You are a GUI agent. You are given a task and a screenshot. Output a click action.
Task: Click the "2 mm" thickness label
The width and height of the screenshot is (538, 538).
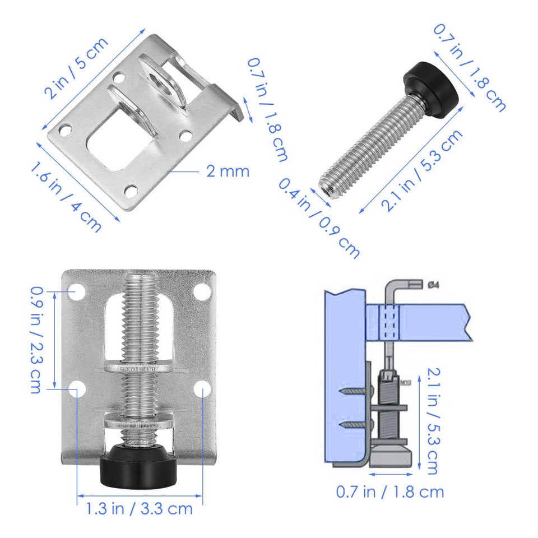(228, 171)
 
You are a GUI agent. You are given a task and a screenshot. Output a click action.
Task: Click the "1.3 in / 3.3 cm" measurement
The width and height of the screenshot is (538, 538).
(139, 509)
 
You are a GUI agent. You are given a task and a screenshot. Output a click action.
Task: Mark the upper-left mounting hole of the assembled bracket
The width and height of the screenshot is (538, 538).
(77, 291)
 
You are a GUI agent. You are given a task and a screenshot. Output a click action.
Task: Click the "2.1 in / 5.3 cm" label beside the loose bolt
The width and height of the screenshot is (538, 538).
(423, 171)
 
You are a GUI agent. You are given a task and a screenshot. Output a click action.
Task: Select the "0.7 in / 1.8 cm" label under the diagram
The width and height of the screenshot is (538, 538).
(389, 492)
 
